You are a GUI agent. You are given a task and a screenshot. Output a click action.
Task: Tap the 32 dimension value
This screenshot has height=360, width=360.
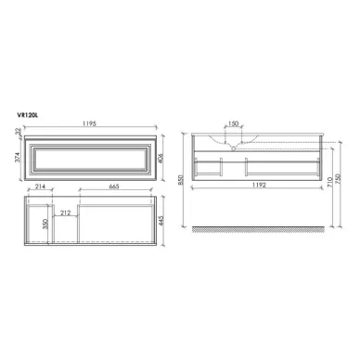[x=19, y=133]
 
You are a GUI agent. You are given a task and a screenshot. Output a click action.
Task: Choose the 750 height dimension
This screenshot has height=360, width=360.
[x=339, y=182]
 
